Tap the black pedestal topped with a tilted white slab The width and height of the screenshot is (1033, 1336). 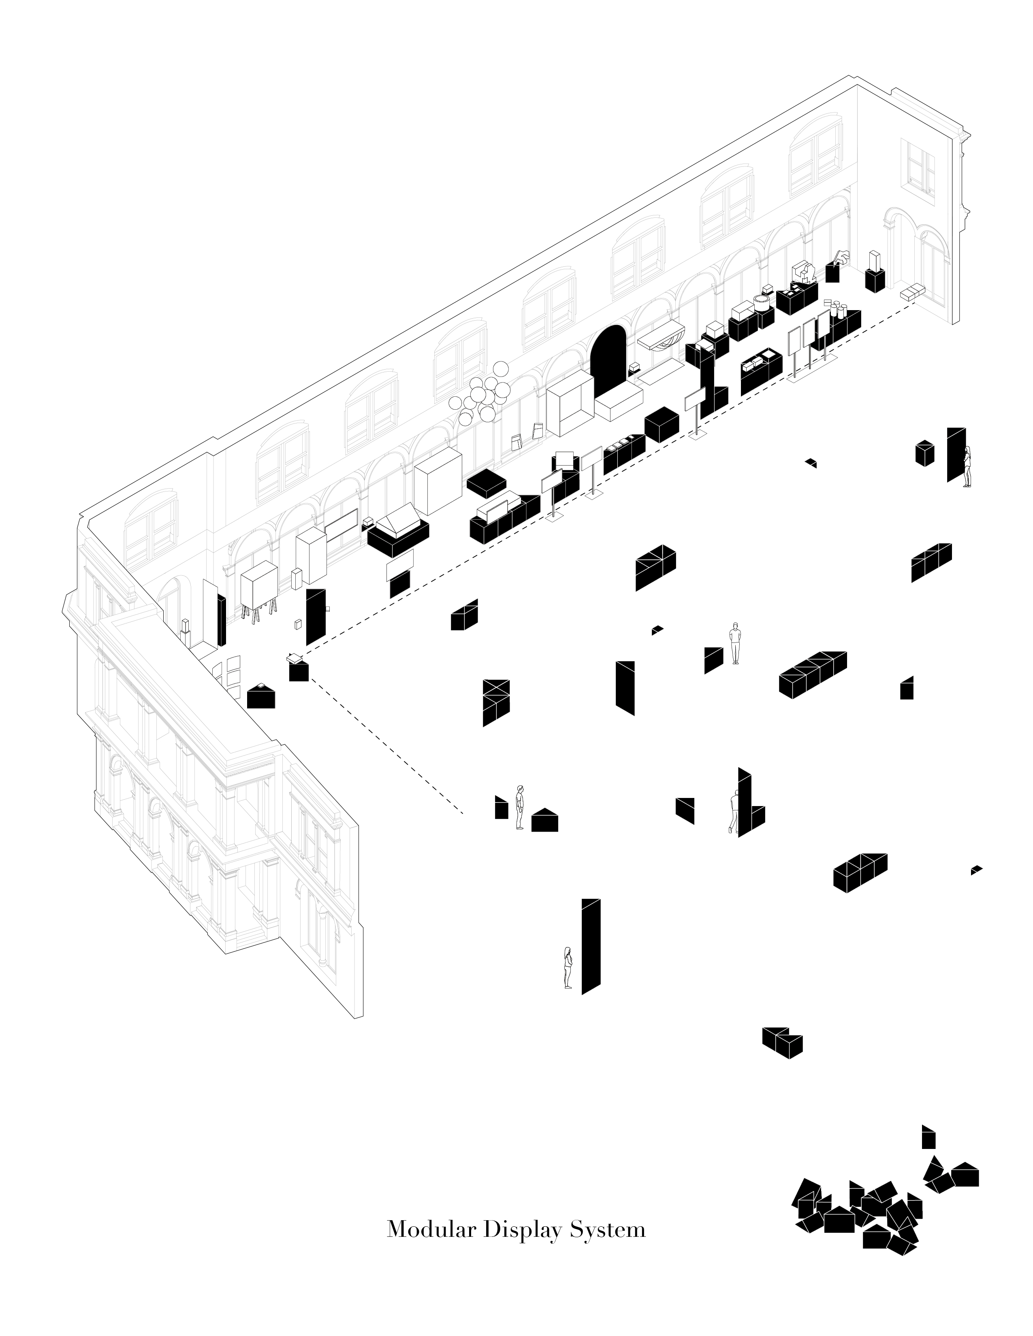click(x=298, y=667)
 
